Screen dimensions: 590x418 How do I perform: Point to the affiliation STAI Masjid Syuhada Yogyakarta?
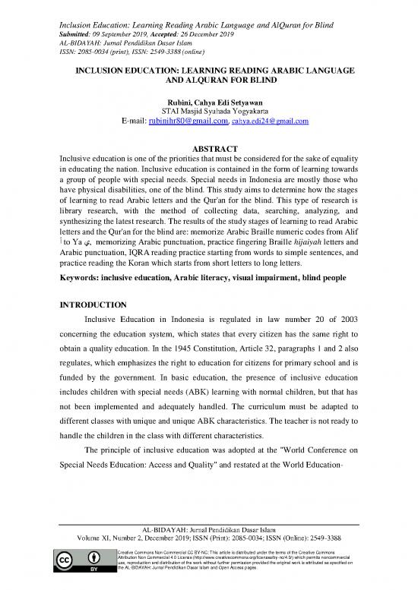click(208, 109)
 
